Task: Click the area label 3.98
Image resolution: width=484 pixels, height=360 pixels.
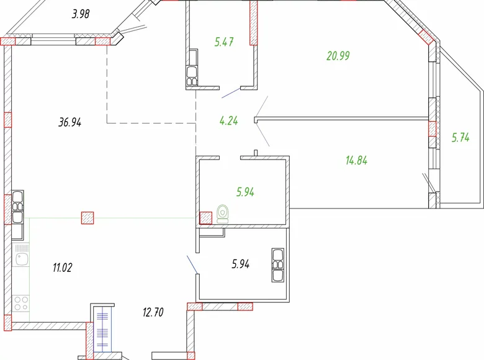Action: pos(81,14)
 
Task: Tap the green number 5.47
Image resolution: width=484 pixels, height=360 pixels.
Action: pos(225,42)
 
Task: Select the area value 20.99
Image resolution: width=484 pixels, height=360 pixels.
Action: pos(338,56)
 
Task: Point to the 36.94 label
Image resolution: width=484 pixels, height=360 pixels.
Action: pos(70,122)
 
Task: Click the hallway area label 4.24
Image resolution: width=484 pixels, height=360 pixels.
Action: pos(228,121)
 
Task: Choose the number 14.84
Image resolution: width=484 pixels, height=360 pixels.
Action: pos(356,160)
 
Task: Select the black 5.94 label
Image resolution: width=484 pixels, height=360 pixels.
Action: pos(240,264)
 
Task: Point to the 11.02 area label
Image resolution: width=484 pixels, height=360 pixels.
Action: pos(63,268)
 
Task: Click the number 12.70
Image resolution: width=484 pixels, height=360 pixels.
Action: pos(153,312)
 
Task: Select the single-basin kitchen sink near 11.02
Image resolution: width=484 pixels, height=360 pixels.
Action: pos(21,256)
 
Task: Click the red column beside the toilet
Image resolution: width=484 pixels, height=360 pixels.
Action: pos(205,218)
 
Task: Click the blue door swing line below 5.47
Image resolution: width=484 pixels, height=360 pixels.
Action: pos(230,94)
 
